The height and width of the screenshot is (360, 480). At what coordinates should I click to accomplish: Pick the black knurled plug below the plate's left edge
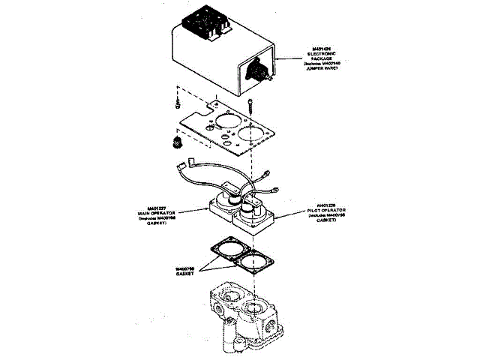coord(178,142)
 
